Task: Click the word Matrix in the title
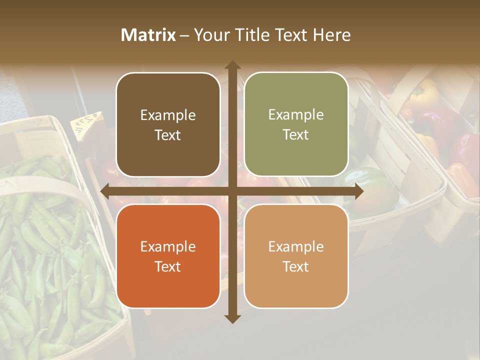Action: (148, 35)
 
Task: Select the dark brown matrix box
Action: (168, 124)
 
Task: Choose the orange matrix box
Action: (168, 256)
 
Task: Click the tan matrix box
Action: (296, 256)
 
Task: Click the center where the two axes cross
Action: (232, 191)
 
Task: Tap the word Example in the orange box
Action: (168, 246)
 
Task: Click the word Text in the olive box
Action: (296, 134)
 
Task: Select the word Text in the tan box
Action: (296, 266)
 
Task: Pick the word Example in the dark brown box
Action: (168, 115)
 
